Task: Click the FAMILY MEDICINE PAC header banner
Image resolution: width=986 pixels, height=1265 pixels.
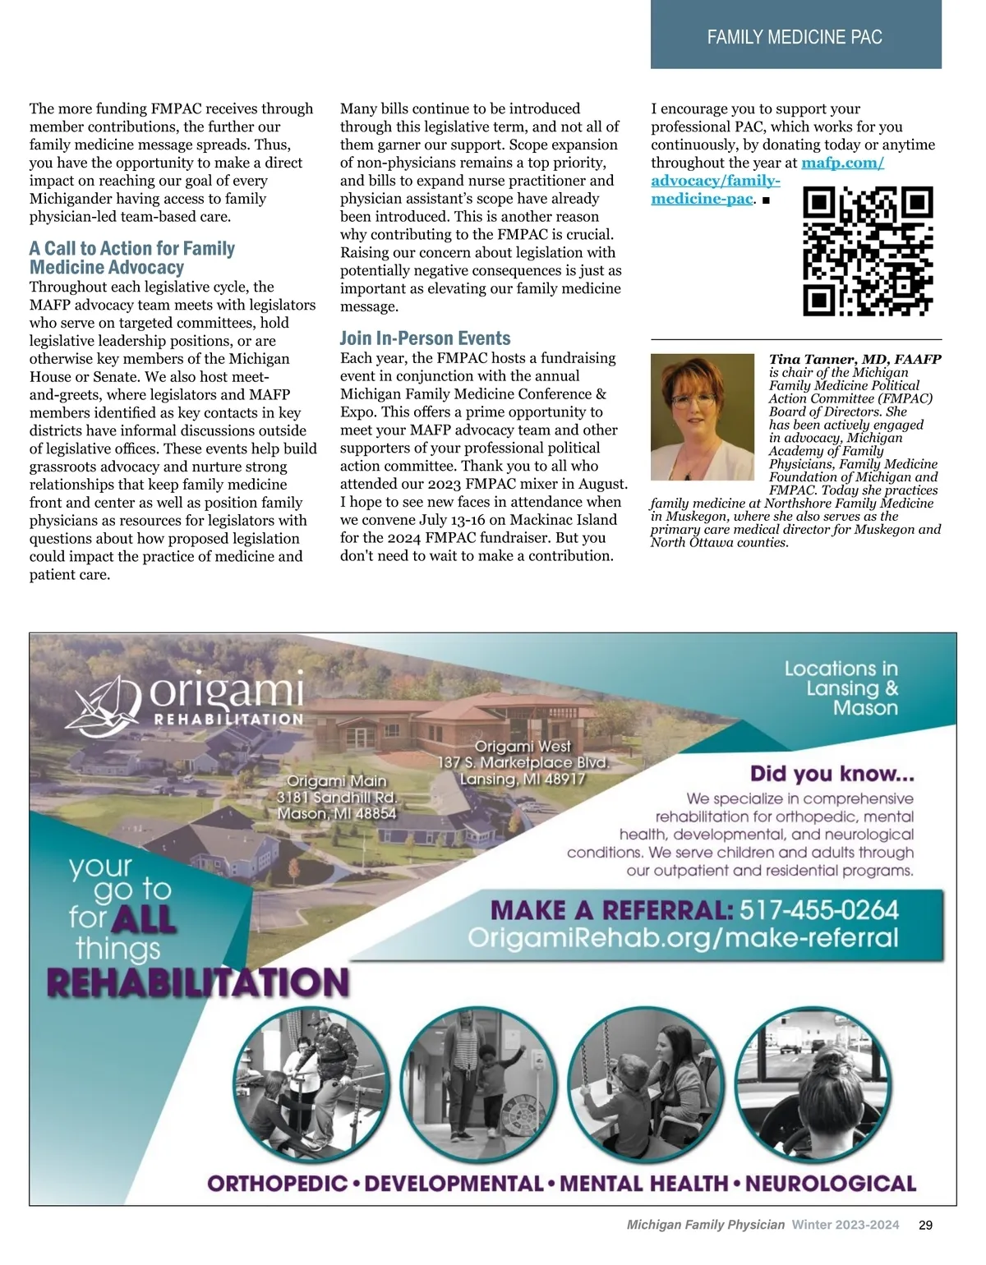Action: (x=795, y=36)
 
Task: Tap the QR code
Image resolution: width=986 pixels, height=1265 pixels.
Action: (x=868, y=251)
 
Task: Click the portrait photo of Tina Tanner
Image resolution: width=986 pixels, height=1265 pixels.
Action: (x=703, y=417)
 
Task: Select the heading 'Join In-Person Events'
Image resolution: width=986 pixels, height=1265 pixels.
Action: (x=425, y=338)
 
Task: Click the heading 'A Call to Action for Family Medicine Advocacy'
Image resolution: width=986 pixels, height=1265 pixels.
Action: (x=131, y=258)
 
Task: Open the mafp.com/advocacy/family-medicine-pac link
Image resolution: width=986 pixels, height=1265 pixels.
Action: (x=715, y=181)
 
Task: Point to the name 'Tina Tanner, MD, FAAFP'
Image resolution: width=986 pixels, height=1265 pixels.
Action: (x=855, y=359)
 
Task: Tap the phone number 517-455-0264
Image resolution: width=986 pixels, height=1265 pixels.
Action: (x=818, y=910)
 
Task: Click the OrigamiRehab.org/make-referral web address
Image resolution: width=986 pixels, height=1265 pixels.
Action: (x=683, y=938)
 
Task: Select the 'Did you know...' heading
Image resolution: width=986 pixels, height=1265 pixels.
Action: (x=832, y=774)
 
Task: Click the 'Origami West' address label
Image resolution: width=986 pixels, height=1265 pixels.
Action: (x=523, y=762)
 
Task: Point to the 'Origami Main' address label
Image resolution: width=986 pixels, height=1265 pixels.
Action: (x=337, y=797)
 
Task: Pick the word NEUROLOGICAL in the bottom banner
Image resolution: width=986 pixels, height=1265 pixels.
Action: (x=830, y=1184)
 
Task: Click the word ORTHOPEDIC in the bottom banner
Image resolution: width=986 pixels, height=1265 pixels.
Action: (x=278, y=1184)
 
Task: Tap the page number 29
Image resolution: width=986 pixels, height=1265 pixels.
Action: (x=925, y=1225)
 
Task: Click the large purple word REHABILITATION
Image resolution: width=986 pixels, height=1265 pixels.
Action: (x=198, y=982)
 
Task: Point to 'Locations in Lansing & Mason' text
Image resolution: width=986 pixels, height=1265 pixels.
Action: (x=841, y=688)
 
